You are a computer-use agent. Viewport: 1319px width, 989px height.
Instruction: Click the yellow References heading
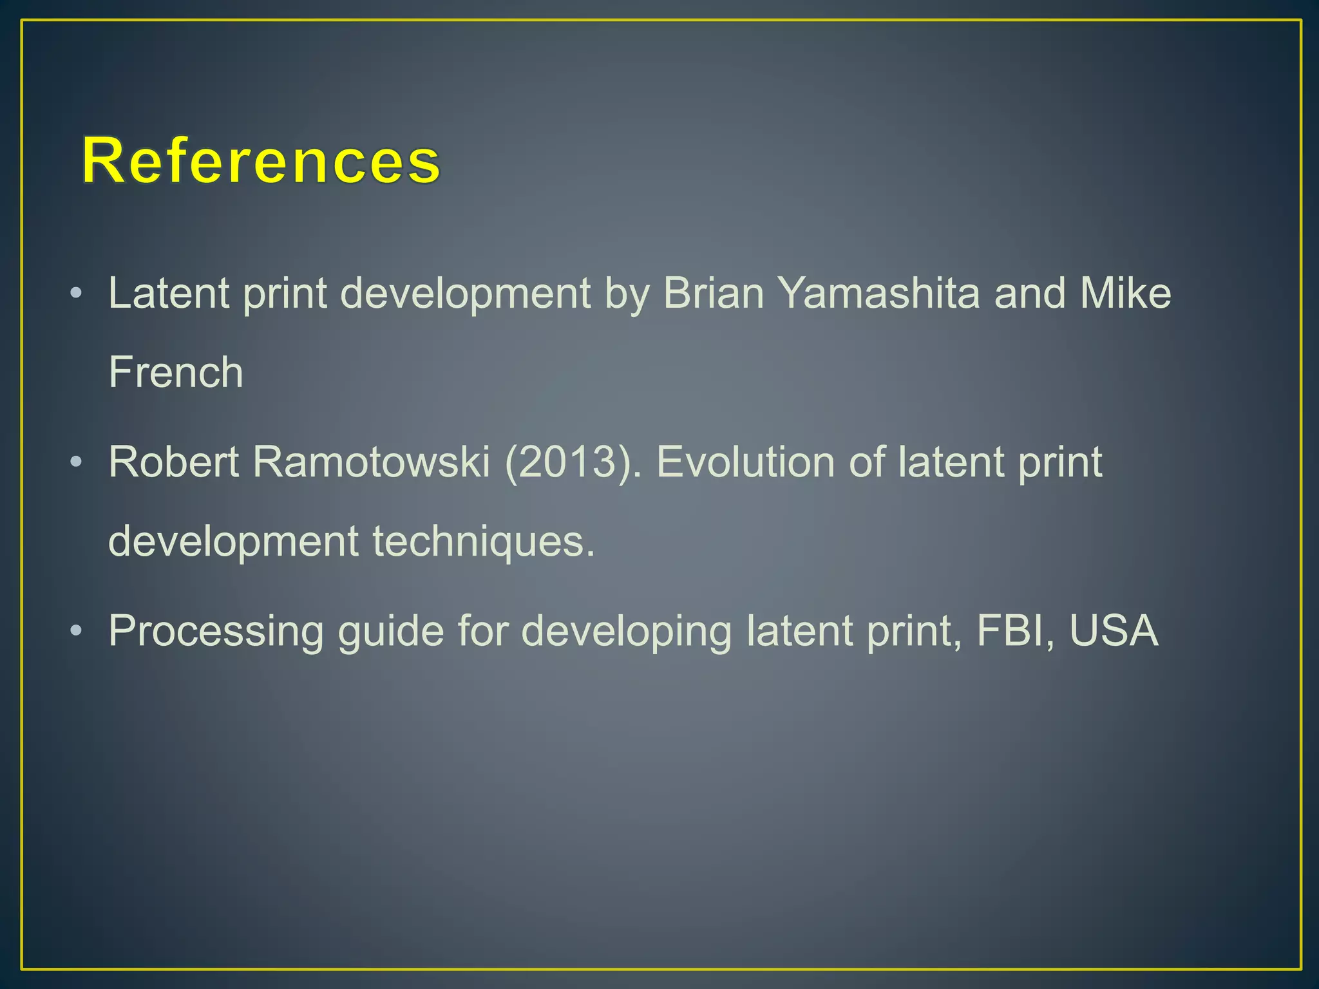261,161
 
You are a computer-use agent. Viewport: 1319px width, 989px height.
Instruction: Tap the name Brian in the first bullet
713,294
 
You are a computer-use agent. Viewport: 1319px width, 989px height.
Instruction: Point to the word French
176,373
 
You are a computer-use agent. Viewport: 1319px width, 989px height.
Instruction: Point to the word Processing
216,631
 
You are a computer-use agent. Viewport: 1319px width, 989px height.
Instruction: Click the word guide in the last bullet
391,631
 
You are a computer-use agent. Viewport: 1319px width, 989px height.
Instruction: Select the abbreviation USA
1114,631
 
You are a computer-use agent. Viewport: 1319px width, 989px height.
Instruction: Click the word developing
626,631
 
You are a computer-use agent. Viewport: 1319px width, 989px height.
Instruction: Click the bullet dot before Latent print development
76,294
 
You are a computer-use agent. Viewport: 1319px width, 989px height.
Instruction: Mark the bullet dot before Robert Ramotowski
76,462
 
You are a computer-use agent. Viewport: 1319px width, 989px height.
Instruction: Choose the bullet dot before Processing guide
76,631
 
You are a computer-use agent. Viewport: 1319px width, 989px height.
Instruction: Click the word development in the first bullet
465,294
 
